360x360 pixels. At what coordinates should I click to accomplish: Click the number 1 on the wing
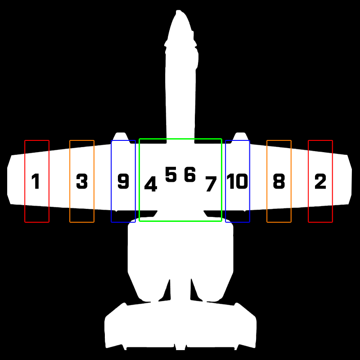click(x=36, y=182)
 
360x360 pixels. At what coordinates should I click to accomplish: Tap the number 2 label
click(x=320, y=181)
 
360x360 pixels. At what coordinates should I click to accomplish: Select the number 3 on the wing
click(x=81, y=181)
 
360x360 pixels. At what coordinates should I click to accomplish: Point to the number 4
click(x=151, y=184)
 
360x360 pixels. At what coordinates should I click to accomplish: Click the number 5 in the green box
click(x=171, y=175)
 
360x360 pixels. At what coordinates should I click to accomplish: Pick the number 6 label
click(x=190, y=175)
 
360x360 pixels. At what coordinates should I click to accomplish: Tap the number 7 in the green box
click(x=211, y=184)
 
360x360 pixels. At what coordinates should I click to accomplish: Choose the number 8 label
click(x=279, y=181)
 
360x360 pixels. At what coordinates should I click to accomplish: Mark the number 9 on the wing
click(x=123, y=181)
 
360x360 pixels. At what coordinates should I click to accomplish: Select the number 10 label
click(x=237, y=181)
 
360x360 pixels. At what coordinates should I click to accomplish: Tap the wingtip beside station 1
click(x=9, y=180)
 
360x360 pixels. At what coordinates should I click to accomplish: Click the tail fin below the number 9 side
click(x=117, y=324)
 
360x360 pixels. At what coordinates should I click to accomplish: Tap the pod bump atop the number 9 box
click(x=120, y=136)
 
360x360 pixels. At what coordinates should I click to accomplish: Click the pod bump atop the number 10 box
click(x=240, y=136)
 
